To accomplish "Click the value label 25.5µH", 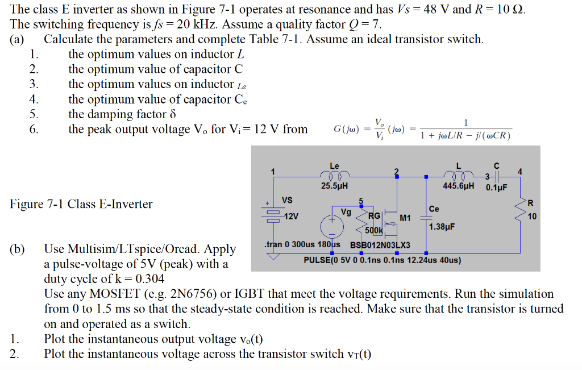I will tap(334, 185).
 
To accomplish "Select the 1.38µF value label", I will tap(442, 227).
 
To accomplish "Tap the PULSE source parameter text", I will tap(382, 260).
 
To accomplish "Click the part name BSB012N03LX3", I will tap(380, 245).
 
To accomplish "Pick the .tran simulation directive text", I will tap(302, 245).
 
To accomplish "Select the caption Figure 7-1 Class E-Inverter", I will tap(81, 204).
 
